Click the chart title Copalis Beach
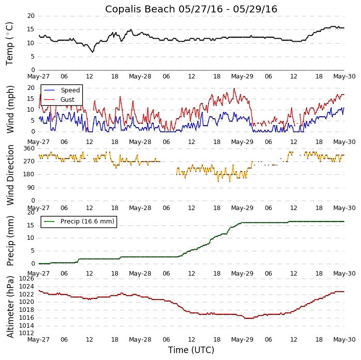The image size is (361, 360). pyautogui.click(x=191, y=9)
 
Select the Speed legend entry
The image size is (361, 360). pyautogui.click(x=70, y=90)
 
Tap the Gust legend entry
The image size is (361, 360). pyautogui.click(x=67, y=100)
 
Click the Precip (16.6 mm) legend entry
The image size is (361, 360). pyautogui.click(x=87, y=221)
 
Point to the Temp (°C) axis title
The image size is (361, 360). pyautogui.click(x=10, y=43)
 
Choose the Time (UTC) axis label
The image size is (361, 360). pyautogui.click(x=191, y=350)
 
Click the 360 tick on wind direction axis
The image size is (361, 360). pyautogui.click(x=29, y=148)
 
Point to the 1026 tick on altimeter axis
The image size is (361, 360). pyautogui.click(x=26, y=279)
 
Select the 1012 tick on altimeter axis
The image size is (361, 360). pyautogui.click(x=26, y=333)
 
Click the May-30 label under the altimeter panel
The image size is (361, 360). pyautogui.click(x=344, y=340)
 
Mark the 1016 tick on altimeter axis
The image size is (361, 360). pyautogui.click(x=26, y=318)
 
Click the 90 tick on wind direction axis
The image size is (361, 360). pyautogui.click(x=31, y=188)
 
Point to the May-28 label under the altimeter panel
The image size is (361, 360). pyautogui.click(x=140, y=340)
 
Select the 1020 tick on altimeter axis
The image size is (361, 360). pyautogui.click(x=26, y=302)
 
